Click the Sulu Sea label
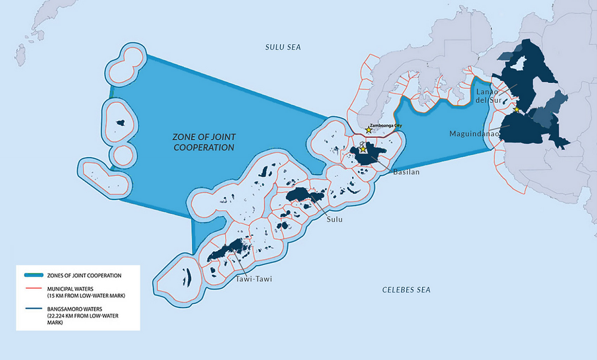[x=283, y=47]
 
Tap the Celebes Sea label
[x=406, y=290]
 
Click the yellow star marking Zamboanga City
[x=369, y=130]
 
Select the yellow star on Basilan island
[x=363, y=149]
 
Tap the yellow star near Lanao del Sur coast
[x=516, y=110]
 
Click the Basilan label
[x=407, y=172]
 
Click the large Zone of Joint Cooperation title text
[x=199, y=141]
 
